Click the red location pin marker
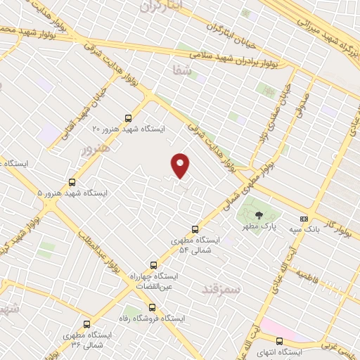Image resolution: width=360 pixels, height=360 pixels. point(181,165)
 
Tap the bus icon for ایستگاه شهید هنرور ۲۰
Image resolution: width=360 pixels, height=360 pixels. point(127,118)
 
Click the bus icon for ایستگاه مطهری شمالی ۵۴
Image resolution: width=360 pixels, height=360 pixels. point(195,229)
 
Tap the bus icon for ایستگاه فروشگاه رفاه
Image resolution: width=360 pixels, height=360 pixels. point(153,307)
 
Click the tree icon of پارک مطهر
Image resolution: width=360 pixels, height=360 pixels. point(259,215)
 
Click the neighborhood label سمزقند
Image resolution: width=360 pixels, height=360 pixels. point(220,289)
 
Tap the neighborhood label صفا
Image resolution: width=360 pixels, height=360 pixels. point(181,69)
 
